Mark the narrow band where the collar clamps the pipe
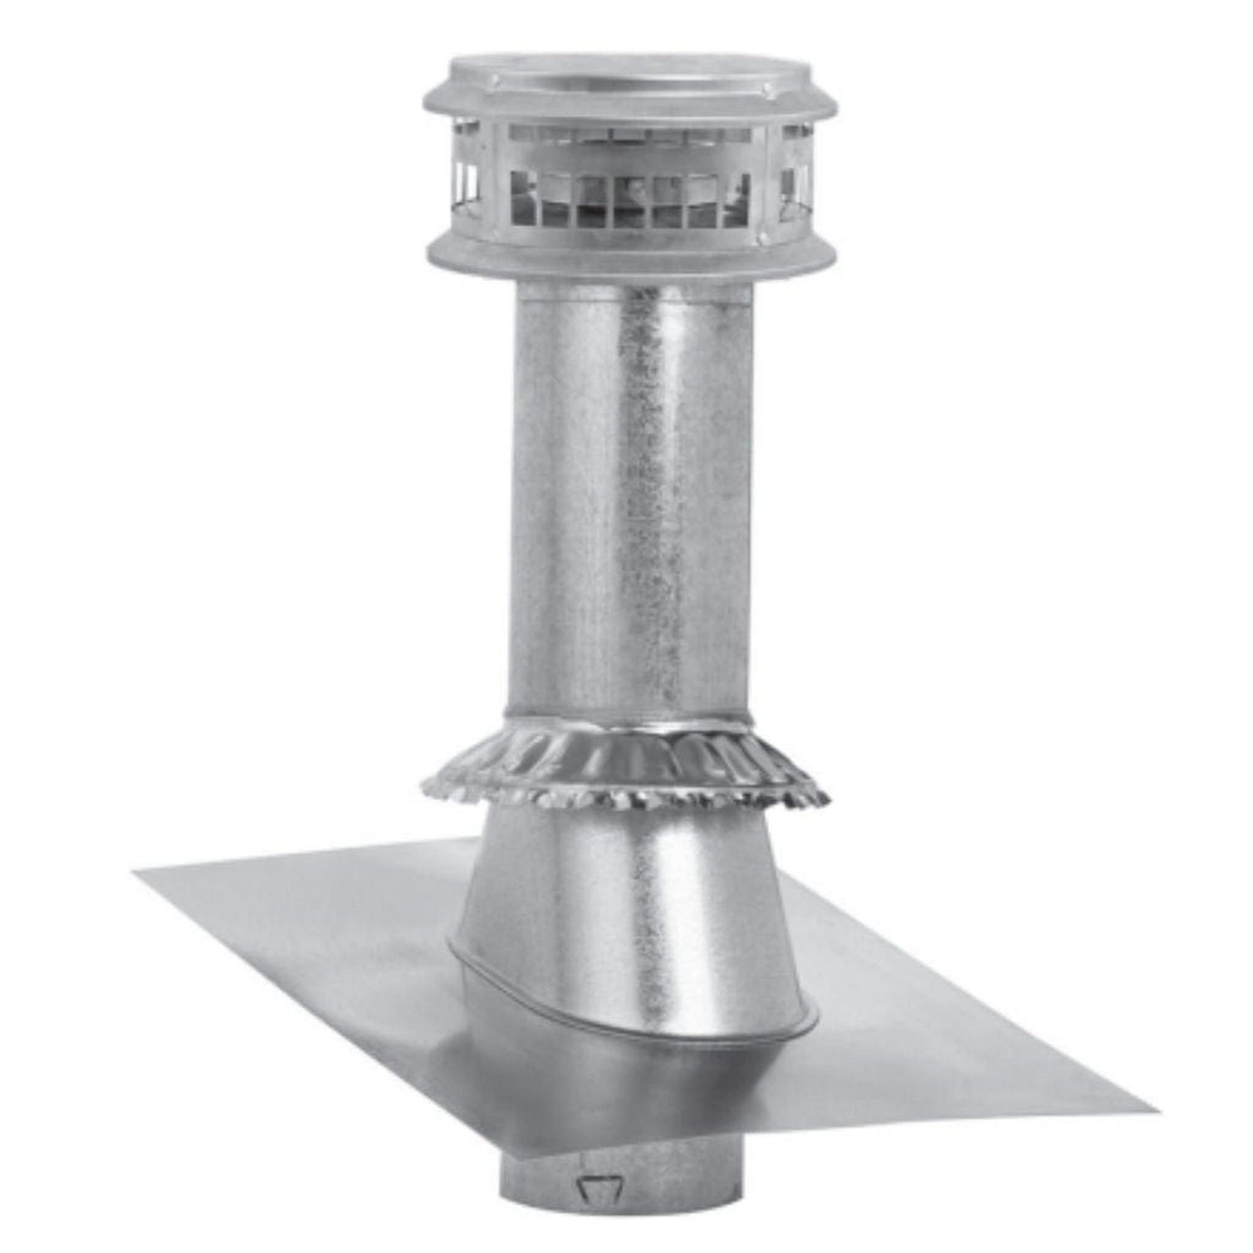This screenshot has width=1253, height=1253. click(x=628, y=720)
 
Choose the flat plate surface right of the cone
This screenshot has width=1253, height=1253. click(x=941, y=1012)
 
